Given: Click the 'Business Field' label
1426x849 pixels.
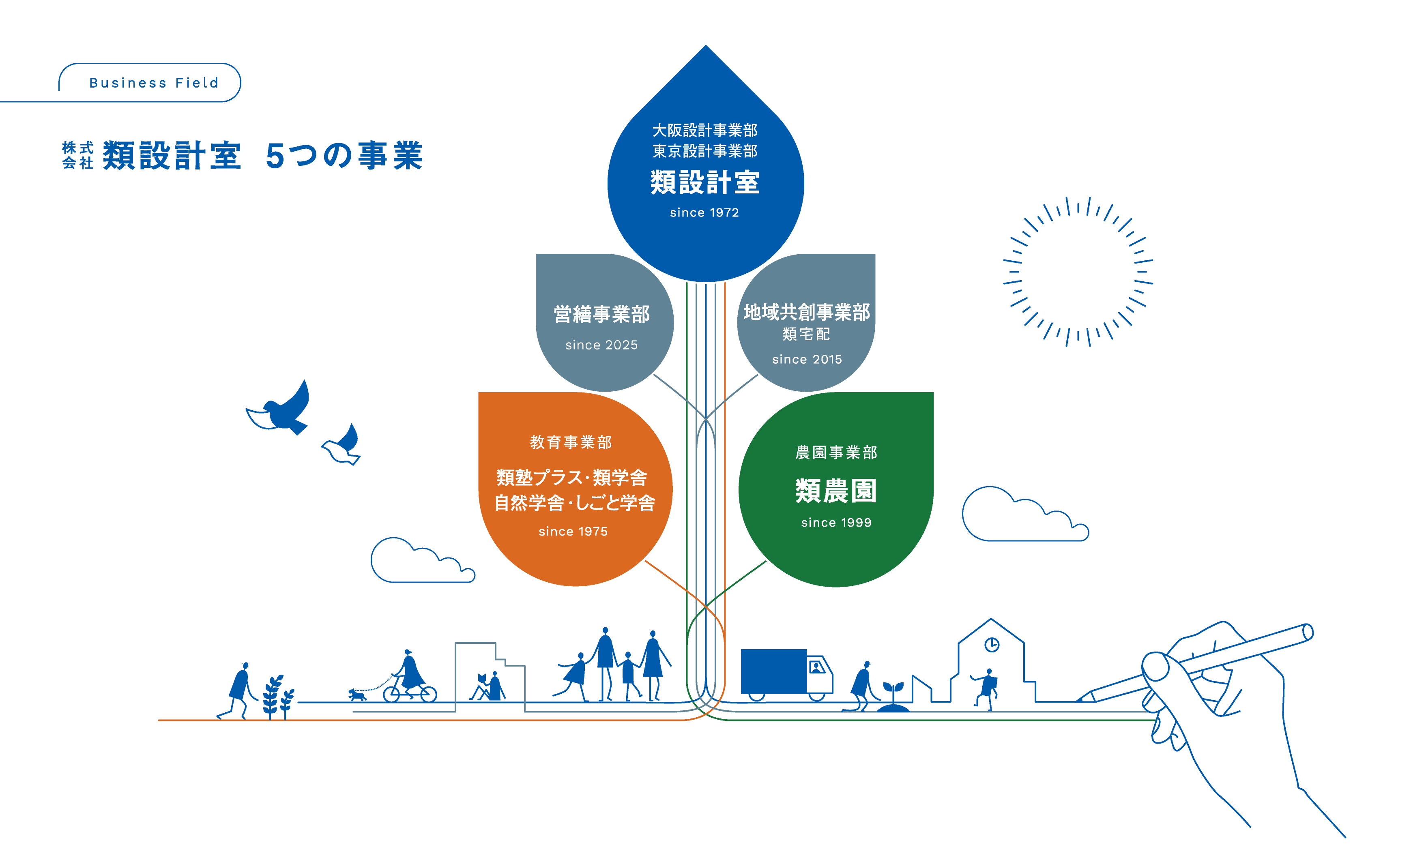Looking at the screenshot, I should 153,83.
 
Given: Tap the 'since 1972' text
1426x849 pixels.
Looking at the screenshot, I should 704,213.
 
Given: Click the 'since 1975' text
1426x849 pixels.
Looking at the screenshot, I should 573,532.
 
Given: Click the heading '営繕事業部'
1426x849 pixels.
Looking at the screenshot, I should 601,314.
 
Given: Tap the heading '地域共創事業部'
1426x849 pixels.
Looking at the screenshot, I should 806,312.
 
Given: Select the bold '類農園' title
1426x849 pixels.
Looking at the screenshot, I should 835,491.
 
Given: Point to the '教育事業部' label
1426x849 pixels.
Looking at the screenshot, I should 571,442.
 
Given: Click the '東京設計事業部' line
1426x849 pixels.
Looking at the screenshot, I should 705,151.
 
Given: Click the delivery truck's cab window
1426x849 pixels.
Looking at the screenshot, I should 816,667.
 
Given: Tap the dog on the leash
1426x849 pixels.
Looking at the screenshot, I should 357,695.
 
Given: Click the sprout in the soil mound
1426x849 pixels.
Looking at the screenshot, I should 893,689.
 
